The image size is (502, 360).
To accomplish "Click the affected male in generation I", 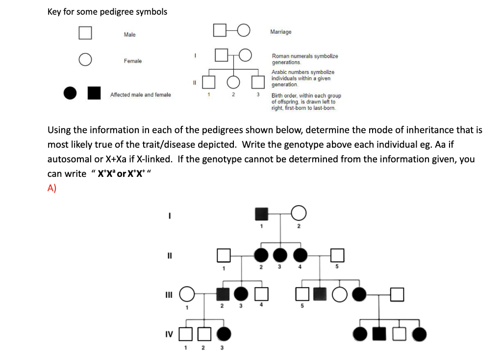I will tap(262, 214).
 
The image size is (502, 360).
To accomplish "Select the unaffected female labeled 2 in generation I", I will tap(299, 214).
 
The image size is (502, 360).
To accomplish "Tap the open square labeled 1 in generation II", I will tap(224, 255).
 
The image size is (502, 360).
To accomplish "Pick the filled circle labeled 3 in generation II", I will tap(280, 255).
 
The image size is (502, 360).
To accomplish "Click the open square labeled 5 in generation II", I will tap(337, 255).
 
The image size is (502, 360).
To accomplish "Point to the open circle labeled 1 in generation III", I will tap(186, 294).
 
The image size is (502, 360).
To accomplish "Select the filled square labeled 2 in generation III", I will tap(224, 294).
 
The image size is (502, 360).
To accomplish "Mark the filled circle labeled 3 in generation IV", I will tap(224, 334).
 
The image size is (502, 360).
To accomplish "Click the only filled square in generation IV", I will tap(379, 335).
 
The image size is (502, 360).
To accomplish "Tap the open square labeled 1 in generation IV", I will tap(186, 334).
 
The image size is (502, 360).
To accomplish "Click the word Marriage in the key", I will tap(280, 32).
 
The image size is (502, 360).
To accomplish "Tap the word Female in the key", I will tap(132, 61).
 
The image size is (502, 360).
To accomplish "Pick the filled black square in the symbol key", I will tap(94, 93).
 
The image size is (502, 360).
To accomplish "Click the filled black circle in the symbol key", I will tap(71, 93).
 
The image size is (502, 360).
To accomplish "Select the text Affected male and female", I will tap(140, 95).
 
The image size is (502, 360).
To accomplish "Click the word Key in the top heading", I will tap(54, 12).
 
